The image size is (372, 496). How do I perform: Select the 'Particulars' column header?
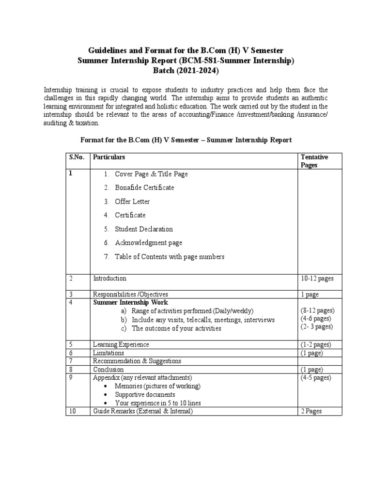109,157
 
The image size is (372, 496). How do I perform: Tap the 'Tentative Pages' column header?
314,161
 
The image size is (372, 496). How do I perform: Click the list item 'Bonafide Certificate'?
144,187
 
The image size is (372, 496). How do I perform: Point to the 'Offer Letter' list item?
132,201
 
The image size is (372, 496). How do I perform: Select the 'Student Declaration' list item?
143,229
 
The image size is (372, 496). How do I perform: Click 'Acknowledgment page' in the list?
148,243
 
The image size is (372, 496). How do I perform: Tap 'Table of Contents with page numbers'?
170,257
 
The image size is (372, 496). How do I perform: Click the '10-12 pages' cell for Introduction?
317,279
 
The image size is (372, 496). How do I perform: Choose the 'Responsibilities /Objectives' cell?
130,294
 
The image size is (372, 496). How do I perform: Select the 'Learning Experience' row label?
121,344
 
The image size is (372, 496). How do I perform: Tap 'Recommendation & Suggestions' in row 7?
137,361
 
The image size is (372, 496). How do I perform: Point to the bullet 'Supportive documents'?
145,394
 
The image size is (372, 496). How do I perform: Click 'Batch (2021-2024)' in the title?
186,71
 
